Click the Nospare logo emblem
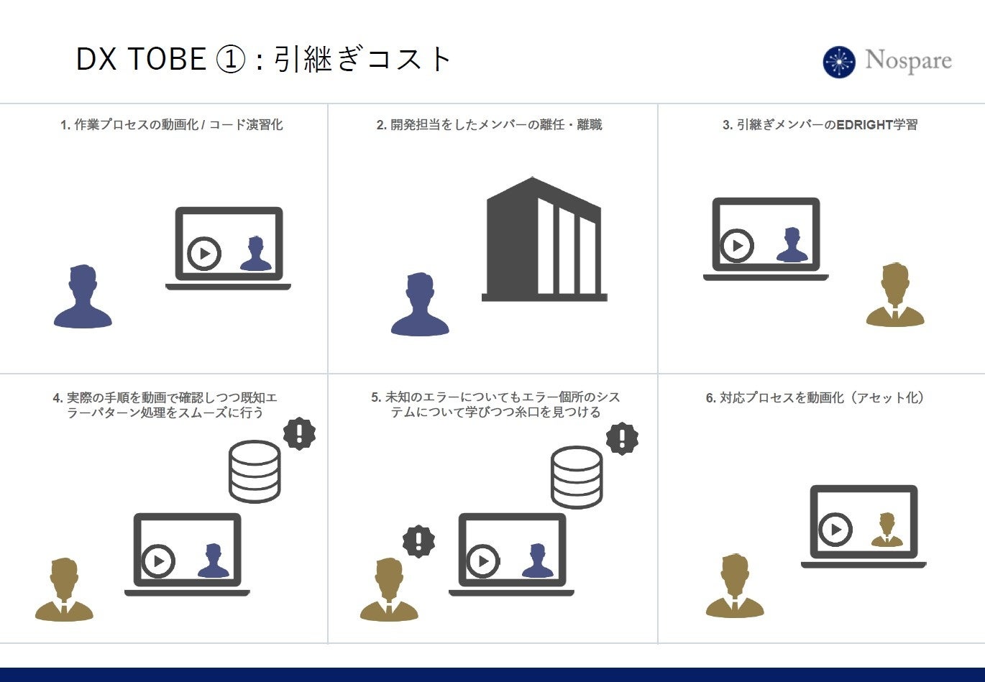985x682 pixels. [x=839, y=62]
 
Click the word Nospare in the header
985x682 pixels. [x=908, y=60]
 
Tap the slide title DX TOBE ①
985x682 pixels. [x=160, y=59]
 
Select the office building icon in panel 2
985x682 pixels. [x=544, y=239]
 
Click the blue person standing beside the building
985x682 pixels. [x=420, y=305]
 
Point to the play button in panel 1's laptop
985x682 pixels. [x=204, y=253]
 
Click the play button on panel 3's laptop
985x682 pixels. [x=737, y=245]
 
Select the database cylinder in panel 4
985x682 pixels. [x=255, y=471]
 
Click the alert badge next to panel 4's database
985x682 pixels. [x=299, y=433]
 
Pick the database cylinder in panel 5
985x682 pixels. [x=577, y=477]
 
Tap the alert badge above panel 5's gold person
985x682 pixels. [x=418, y=540]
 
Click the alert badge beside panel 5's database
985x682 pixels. [x=622, y=438]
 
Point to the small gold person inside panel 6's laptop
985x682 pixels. [x=886, y=530]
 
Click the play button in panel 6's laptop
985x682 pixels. [x=835, y=530]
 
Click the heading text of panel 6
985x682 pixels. [x=815, y=397]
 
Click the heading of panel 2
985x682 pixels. [x=489, y=125]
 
